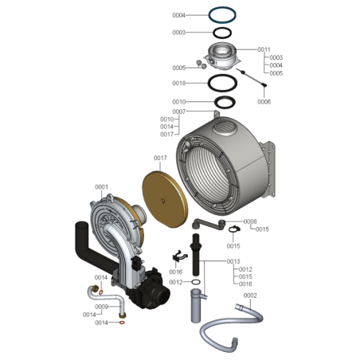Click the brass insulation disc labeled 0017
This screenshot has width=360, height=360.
coord(165,199)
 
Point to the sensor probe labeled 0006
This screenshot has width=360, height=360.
coord(252,77)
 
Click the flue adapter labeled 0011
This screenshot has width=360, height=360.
coord(222,56)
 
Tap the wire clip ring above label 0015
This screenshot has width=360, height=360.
coord(234,228)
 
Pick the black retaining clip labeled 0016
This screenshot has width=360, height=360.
coord(179,256)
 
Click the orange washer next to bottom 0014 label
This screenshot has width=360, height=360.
coord(122,323)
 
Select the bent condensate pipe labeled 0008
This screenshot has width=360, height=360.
coord(209,225)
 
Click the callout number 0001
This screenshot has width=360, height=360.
coord(101,187)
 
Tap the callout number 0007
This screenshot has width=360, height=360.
coord(179,112)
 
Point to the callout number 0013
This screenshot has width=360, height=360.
coord(233,261)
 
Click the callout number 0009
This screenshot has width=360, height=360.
coord(101,307)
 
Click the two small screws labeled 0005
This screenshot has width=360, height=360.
coord(201,65)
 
